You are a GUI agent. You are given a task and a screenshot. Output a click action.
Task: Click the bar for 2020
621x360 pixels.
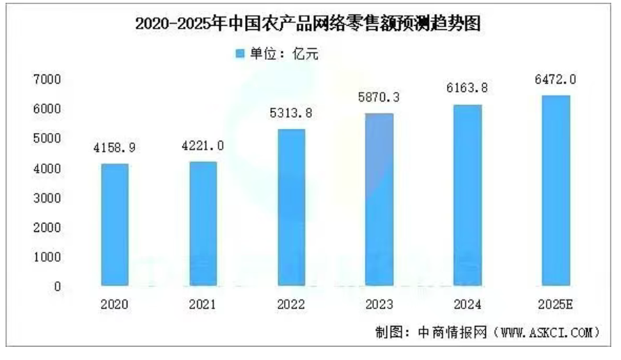click(114, 224)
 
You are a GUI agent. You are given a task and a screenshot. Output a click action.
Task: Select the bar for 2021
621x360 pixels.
click(203, 224)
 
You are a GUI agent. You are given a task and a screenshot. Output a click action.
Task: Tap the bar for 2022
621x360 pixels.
click(291, 207)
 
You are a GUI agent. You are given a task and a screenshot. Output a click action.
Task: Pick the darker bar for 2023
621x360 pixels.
click(379, 198)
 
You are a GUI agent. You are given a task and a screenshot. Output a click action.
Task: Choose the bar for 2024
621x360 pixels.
click(468, 194)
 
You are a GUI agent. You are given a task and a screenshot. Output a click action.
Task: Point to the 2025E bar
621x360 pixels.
click(556, 190)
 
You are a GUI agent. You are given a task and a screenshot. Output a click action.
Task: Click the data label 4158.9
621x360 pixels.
click(114, 148)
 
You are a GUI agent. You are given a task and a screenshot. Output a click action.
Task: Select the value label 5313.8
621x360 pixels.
click(291, 114)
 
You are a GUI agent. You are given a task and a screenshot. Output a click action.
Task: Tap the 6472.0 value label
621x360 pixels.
click(556, 80)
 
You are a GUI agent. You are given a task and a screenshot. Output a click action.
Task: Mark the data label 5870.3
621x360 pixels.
click(379, 97)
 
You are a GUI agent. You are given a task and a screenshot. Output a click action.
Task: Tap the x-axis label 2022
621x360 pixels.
click(291, 304)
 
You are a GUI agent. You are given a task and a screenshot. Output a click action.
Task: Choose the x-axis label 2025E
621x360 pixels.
click(556, 304)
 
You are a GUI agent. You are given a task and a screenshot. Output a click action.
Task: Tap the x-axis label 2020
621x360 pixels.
click(114, 304)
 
